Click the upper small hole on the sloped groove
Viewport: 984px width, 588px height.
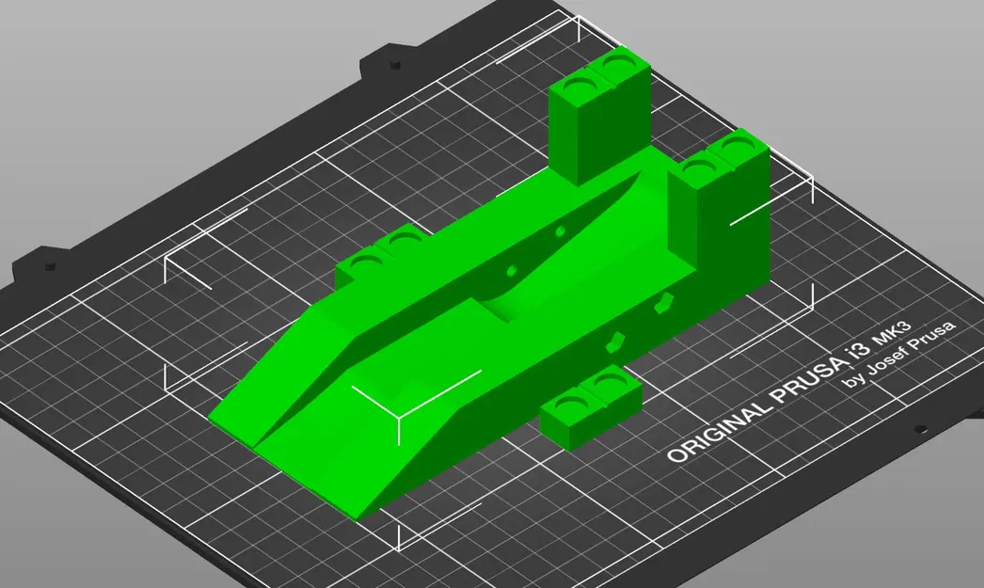pyautogui.click(x=561, y=230)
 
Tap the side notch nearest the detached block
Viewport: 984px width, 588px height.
pyautogui.click(x=616, y=341)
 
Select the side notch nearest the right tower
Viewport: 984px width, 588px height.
pyautogui.click(x=666, y=303)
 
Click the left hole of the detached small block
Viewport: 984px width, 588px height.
pyautogui.click(x=569, y=405)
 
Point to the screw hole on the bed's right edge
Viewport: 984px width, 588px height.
pyautogui.click(x=919, y=430)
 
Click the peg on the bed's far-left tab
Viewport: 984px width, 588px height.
pyautogui.click(x=44, y=262)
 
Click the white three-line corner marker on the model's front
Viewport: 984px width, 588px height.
pyautogui.click(x=397, y=413)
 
